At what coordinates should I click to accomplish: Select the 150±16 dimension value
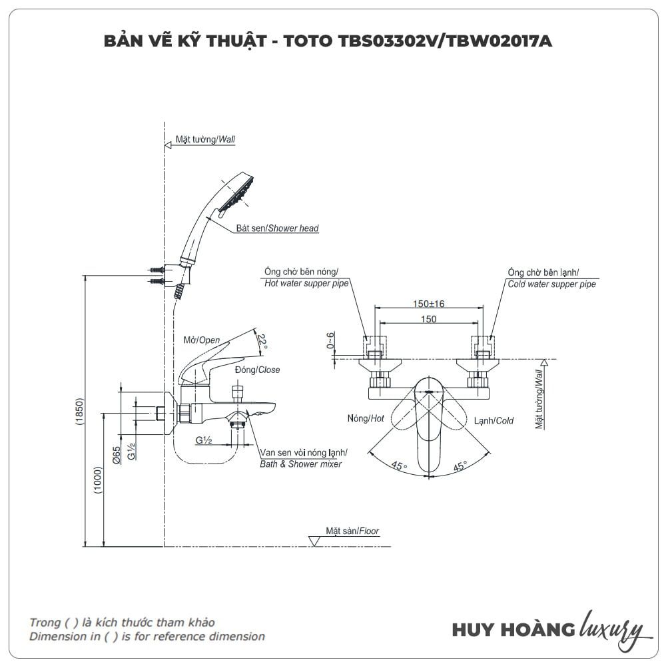point(428,304)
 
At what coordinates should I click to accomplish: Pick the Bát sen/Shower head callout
point(277,228)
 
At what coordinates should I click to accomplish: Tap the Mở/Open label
point(201,340)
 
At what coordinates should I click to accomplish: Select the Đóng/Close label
point(257,370)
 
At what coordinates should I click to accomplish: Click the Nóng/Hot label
point(366,419)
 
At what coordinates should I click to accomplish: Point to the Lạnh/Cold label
point(494,421)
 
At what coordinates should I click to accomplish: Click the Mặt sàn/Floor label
point(352,531)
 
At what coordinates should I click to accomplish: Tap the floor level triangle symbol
point(315,539)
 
